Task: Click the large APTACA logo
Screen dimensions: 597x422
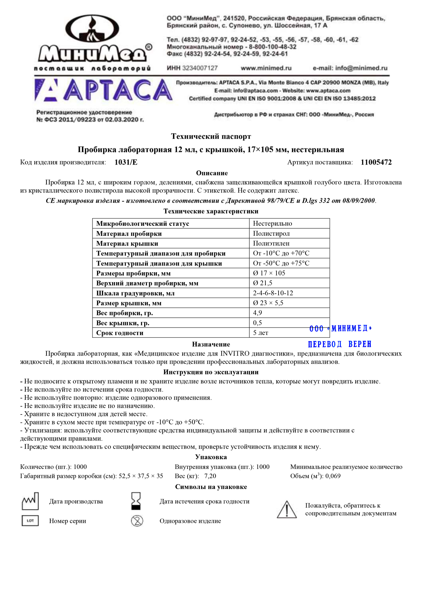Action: coord(103,90)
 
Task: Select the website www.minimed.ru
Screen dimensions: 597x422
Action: coord(266,68)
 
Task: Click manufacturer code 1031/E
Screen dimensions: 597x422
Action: coord(126,162)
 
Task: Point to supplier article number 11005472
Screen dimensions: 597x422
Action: coord(376,162)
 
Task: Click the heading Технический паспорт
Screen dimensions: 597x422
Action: coord(211,136)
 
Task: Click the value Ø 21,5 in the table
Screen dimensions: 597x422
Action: coord(262,283)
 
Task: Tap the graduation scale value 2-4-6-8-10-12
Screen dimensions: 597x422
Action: coord(273,293)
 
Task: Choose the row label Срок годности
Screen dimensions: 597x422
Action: coord(120,333)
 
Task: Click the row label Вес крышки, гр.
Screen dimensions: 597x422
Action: coord(123,323)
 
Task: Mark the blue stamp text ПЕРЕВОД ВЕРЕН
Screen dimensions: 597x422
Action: coord(339,344)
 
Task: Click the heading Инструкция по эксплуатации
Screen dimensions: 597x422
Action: coord(211,372)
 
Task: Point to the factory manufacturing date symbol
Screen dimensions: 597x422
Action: coord(30,501)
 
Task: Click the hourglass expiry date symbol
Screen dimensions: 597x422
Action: coord(136,501)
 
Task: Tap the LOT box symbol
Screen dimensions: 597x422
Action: coord(30,521)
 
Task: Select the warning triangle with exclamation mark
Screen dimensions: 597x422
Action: coord(287,510)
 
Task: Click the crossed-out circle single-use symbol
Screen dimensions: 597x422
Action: coord(137,521)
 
